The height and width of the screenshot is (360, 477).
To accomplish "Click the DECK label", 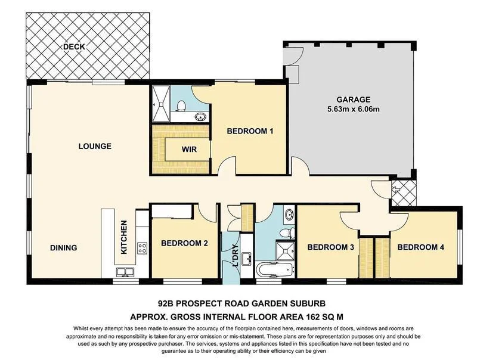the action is coord(74,47).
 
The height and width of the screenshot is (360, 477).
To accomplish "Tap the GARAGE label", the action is coord(354,100).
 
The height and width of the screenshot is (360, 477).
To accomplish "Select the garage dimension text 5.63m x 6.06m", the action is coord(354,109).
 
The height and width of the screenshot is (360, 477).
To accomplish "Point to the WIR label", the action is coord(189,149).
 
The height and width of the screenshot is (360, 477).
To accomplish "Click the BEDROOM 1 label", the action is coord(250,131).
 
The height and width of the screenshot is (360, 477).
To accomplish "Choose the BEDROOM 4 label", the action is coord(420,247).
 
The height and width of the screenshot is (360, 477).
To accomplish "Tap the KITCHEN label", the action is coord(124,237).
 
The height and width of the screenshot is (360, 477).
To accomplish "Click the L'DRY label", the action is coord(235,256).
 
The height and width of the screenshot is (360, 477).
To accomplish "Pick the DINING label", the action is coord(64,248).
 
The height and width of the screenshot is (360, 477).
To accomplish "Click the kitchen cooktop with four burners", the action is coord(142,248).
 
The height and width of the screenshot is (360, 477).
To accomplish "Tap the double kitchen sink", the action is coord(125,272).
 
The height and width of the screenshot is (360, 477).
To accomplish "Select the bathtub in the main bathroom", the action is coord(275,269).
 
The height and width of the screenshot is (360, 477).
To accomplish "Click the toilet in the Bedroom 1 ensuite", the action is coord(181,106).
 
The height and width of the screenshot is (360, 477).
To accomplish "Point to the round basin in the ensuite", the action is coord(200,117).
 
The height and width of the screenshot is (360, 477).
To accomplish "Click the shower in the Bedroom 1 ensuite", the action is coord(161,104).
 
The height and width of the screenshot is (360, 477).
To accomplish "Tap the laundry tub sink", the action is coord(246,259).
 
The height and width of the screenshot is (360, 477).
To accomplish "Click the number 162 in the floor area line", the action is coord(312,317).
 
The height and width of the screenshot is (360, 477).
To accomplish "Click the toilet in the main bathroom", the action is coord(287,233).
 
